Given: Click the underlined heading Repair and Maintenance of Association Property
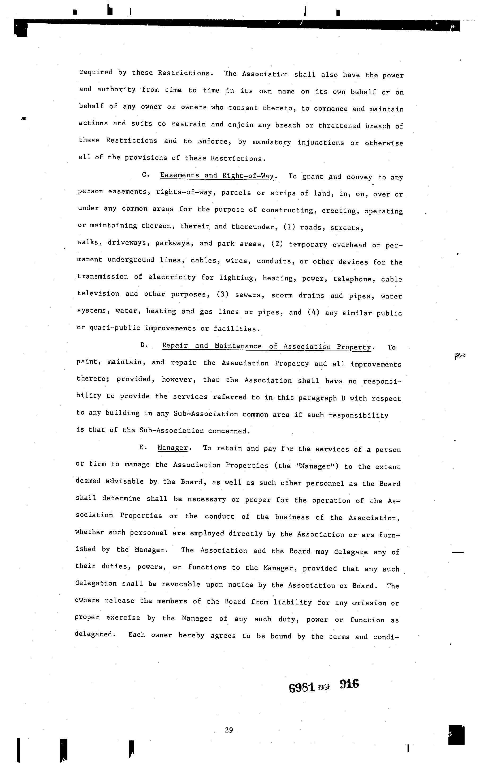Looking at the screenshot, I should pos(267,346).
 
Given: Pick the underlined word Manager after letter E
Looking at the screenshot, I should pos(173,448).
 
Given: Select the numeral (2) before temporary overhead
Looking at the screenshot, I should pos(277,244).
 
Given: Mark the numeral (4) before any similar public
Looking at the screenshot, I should pos(313,312).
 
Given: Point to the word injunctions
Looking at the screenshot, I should pos(320,142).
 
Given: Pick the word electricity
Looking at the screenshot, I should pos(172,277).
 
